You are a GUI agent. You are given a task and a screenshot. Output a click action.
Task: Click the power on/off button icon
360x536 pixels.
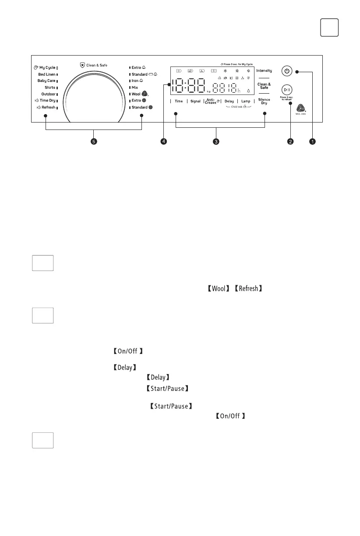(286, 71)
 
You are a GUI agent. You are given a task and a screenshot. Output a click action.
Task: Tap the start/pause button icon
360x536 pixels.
(286, 89)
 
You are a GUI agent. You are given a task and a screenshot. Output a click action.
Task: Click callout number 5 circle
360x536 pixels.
(93, 142)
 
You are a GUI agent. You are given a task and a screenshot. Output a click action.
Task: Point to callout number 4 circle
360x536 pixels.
(163, 142)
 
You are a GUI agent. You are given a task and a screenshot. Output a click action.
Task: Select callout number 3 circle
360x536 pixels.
(216, 142)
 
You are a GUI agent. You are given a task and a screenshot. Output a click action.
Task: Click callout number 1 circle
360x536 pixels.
(312, 142)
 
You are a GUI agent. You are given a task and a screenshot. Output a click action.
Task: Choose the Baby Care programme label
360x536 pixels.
(46, 81)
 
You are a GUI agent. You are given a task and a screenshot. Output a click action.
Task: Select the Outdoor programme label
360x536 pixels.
(48, 94)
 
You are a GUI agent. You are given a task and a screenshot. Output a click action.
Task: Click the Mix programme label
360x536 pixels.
(135, 88)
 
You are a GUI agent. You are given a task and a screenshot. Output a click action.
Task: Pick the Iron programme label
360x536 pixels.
(135, 81)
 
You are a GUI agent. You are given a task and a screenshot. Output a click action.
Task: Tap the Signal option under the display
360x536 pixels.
(195, 101)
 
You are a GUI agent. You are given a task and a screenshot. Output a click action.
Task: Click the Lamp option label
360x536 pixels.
(246, 101)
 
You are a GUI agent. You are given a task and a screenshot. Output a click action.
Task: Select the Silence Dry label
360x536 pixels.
(264, 101)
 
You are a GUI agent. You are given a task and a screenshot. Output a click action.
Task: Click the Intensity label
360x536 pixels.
(264, 70)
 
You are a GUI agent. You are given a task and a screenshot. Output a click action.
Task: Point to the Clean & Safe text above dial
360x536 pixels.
(96, 65)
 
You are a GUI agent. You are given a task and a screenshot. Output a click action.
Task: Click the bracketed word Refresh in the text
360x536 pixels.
(248, 289)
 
